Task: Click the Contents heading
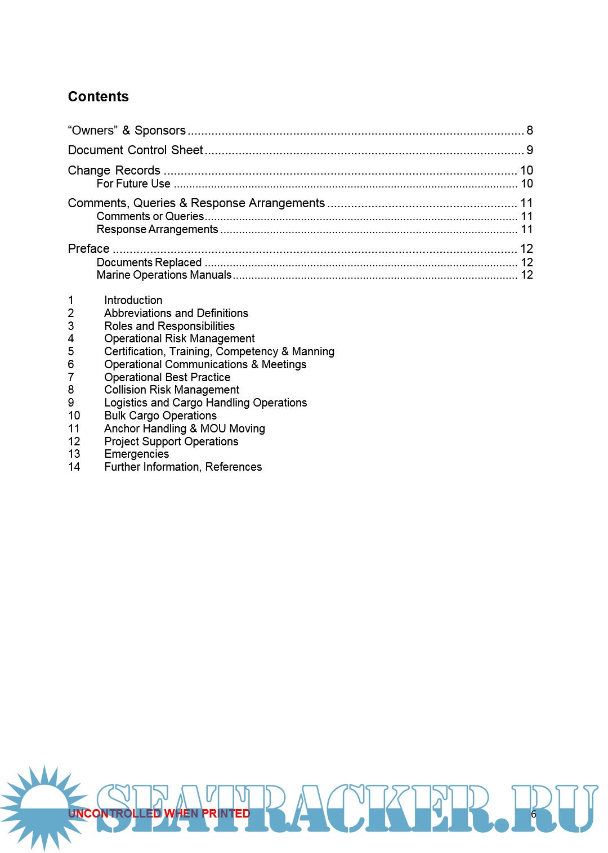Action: pos(98,96)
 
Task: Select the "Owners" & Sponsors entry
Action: pos(127,131)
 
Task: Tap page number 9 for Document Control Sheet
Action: pos(529,150)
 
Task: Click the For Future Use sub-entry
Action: pos(133,184)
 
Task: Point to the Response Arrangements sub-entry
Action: pos(157,229)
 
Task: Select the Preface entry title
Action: pos(88,249)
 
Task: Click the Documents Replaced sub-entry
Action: pos(149,262)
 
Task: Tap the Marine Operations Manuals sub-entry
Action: pos(164,275)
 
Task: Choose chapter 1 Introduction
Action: pos(133,300)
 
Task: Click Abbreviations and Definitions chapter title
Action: pos(176,313)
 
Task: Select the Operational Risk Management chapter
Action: pos(179,338)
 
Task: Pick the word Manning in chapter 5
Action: pos(313,351)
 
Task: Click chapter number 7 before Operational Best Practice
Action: pos(71,377)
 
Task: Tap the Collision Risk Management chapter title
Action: pos(172,390)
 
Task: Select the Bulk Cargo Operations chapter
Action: pos(160,416)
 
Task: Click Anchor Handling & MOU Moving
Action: pos(184,428)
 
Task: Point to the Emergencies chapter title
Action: pos(136,454)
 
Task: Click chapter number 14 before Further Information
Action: pos(74,467)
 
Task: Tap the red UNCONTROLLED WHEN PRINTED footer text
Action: pos(159,814)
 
